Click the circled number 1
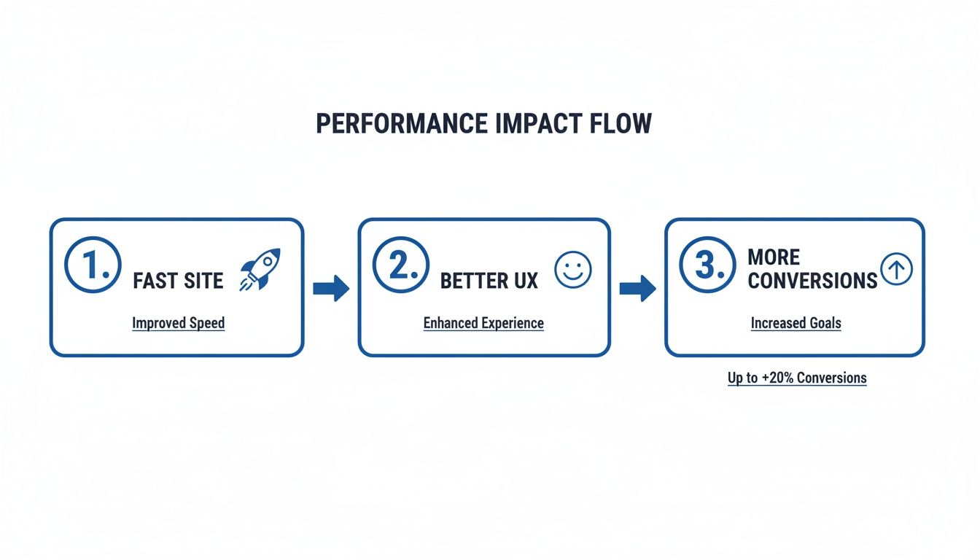93,265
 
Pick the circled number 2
400,265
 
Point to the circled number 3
707,265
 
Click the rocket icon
260,269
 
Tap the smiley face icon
573,270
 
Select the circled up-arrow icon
896,270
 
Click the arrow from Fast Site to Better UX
331,289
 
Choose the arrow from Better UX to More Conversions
637,289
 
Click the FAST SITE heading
178,281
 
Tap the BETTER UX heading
489,281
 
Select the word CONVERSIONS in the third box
812,281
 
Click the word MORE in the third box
774,257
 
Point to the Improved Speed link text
179,323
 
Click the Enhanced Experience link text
483,323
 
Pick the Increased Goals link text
796,323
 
